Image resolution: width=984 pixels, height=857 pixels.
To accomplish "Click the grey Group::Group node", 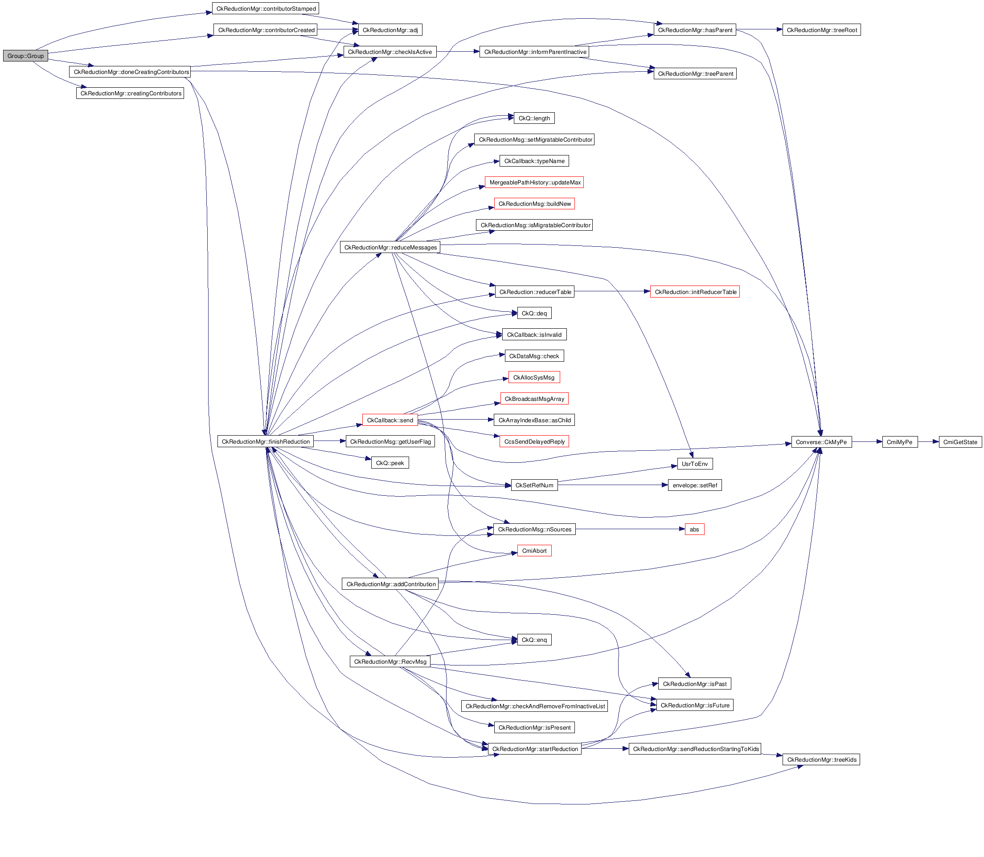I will [x=25, y=56].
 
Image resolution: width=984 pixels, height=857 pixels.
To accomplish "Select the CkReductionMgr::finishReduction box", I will [x=266, y=441].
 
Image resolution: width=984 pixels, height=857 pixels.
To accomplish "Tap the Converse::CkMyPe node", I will [x=821, y=442].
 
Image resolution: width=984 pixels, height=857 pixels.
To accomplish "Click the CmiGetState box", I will [x=960, y=442].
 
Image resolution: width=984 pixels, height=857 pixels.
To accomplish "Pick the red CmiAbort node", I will [x=534, y=551].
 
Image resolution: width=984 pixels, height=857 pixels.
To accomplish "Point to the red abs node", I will [x=694, y=530].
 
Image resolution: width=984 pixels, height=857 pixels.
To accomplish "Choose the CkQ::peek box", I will [x=390, y=463].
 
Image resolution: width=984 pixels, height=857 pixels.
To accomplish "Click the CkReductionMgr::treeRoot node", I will [x=821, y=30].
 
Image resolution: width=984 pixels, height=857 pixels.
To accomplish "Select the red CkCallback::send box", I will [x=390, y=420].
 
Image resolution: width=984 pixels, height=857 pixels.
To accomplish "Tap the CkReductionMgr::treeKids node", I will [x=821, y=759].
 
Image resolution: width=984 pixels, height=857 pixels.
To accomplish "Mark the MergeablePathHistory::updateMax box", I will [x=534, y=182].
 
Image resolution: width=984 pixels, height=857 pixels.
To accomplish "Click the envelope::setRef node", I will [x=695, y=486].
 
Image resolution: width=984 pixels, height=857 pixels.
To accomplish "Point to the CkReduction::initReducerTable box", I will [x=695, y=292].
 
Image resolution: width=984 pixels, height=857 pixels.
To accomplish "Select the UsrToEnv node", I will [x=695, y=464].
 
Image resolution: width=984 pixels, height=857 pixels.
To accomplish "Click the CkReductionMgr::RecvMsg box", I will [x=390, y=661].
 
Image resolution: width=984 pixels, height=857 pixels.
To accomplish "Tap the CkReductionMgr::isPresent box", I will [x=534, y=727].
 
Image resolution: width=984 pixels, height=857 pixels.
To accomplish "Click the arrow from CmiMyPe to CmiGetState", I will [x=928, y=442].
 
